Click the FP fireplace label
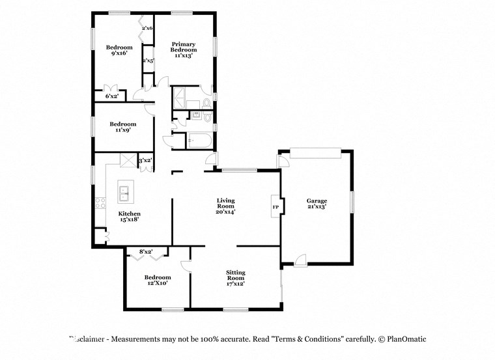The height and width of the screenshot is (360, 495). coord(276,207)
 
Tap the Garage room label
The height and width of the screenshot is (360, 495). coord(317,201)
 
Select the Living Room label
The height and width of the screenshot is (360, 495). coord(225,201)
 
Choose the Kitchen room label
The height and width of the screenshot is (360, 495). coord(129,214)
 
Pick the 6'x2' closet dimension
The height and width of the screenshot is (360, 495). coord(112,96)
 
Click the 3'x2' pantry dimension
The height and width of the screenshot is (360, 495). coord(145,160)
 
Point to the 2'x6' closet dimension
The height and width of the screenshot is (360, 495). coord(147,28)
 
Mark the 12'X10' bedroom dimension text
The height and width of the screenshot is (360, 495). coord(157,283)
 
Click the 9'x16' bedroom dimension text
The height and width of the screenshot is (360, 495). coord(119,53)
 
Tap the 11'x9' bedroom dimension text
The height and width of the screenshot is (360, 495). coord(122,130)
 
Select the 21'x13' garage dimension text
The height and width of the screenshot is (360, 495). coord(317,207)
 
